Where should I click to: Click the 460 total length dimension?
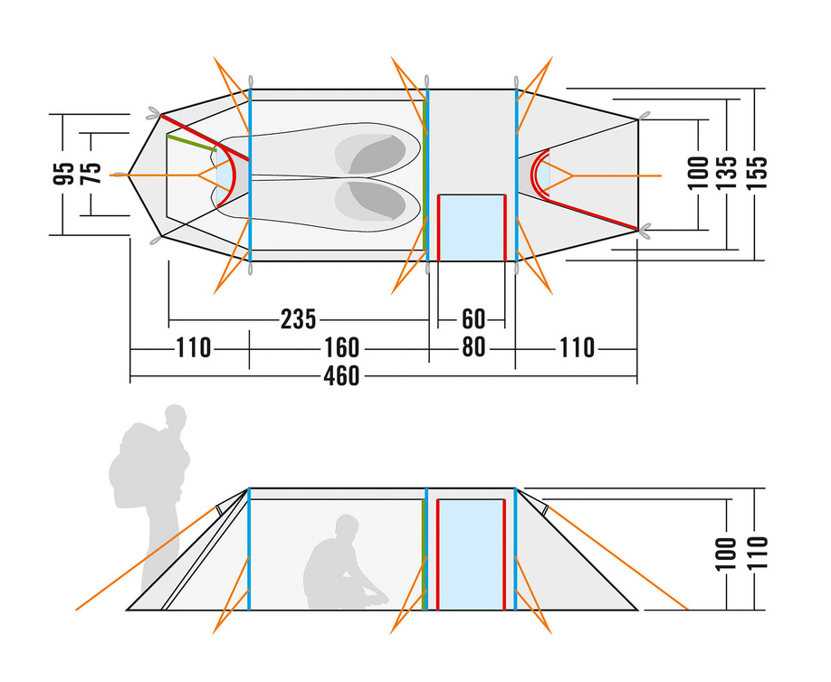point(341,376)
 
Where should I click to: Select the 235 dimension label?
point(299,319)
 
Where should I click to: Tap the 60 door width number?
point(473,319)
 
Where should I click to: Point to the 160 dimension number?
point(341,348)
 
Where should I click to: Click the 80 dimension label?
point(473,347)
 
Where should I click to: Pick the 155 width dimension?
point(757,173)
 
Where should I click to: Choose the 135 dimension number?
point(727,173)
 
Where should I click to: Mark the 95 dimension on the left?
point(63,174)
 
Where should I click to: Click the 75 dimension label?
point(91,174)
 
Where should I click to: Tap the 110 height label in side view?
point(757,553)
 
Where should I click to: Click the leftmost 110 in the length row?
point(193,348)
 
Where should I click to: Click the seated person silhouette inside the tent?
point(343,564)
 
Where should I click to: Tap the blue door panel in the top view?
point(472,228)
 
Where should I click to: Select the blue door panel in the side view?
point(471,554)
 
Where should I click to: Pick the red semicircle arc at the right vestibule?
point(535,175)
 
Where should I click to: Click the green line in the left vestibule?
point(191,143)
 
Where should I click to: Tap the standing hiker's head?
point(176,416)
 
